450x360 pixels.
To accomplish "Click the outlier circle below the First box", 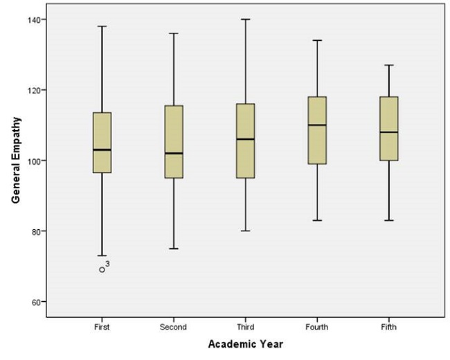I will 102,269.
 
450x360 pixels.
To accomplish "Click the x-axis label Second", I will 174,327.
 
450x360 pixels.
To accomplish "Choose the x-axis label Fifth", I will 388,327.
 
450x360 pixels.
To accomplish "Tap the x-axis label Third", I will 245,327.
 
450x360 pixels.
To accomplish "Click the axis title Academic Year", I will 245,344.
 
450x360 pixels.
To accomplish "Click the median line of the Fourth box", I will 317,125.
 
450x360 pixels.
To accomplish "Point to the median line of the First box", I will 102,150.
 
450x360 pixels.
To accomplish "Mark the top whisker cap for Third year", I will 245,19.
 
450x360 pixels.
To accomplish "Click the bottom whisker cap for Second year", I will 174,249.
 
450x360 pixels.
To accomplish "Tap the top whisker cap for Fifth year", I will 388,65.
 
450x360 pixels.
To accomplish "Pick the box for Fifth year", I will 388,118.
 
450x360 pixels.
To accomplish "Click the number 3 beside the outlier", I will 109,264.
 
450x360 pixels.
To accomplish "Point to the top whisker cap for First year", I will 102,26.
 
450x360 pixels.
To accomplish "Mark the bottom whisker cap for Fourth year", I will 317,220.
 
